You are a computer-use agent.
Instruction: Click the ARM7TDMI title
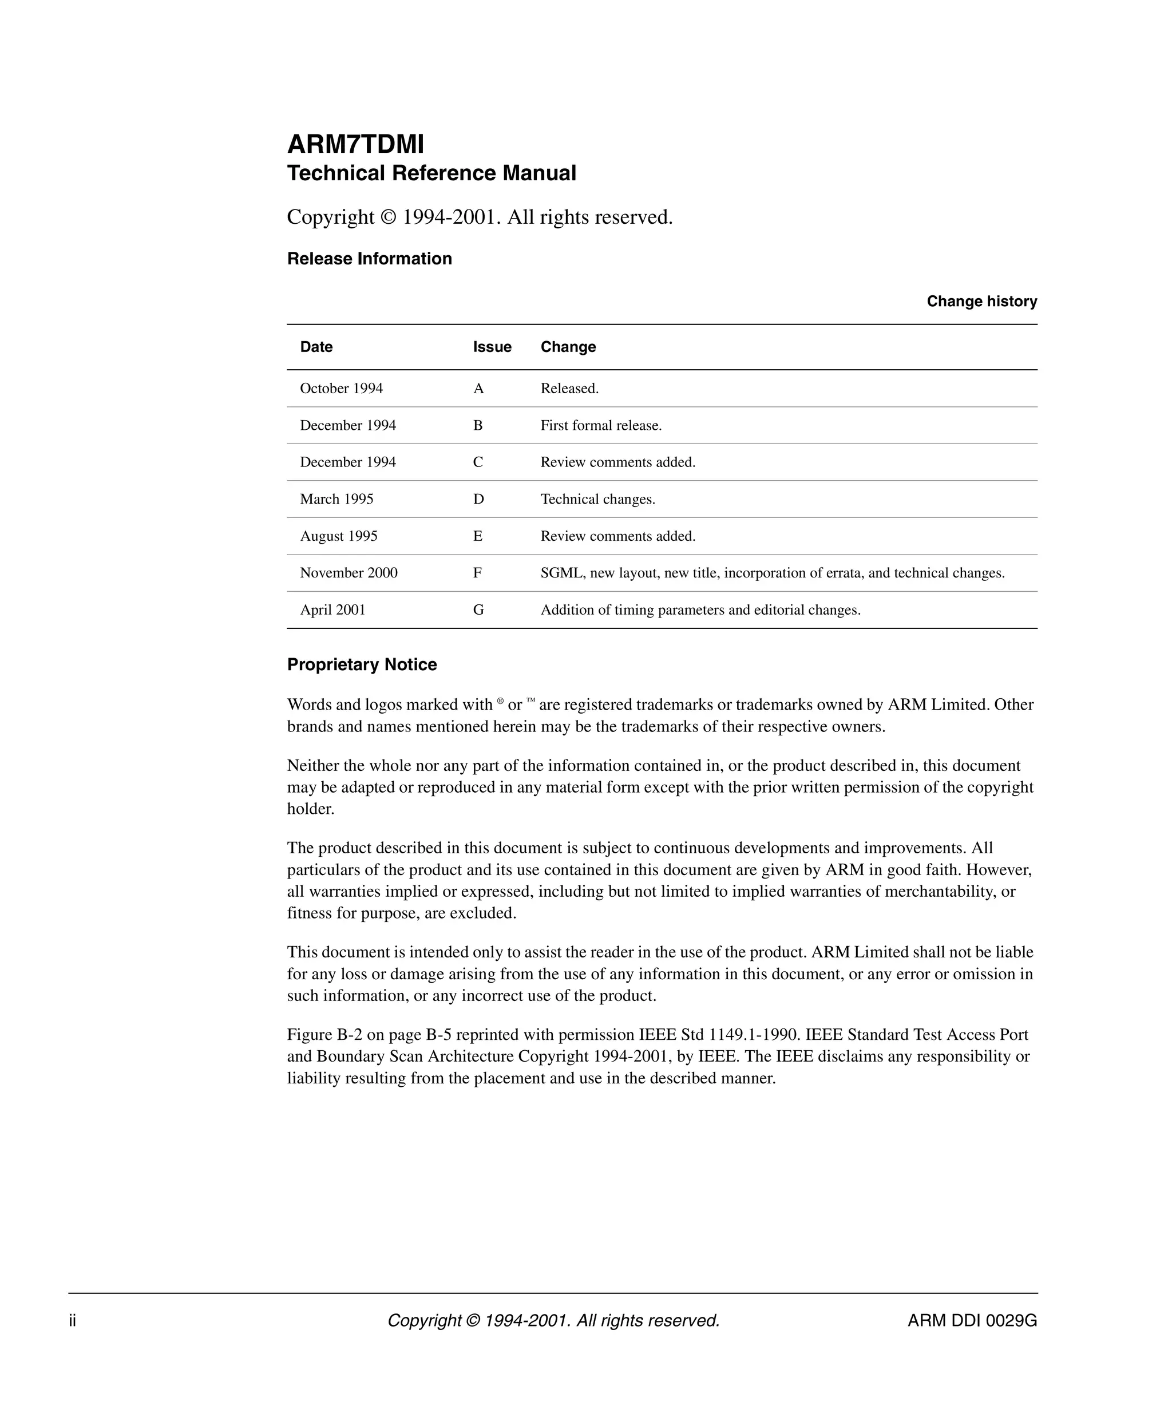pyautogui.click(x=355, y=144)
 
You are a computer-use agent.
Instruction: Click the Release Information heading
pyautogui.click(x=369, y=259)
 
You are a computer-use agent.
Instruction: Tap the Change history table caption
pyautogui.click(x=981, y=301)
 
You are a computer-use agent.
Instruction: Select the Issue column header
pyautogui.click(x=492, y=347)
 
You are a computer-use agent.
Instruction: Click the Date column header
pyautogui.click(x=316, y=347)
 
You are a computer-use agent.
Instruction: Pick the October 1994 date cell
pyautogui.click(x=341, y=389)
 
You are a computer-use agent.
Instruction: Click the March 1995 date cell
pyautogui.click(x=336, y=499)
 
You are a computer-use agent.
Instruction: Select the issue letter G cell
pyautogui.click(x=478, y=610)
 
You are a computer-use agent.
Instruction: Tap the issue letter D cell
pyautogui.click(x=478, y=499)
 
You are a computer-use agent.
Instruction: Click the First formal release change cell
pyautogui.click(x=600, y=425)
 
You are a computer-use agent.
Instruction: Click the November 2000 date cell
pyautogui.click(x=348, y=573)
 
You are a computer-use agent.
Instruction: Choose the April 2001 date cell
pyautogui.click(x=332, y=610)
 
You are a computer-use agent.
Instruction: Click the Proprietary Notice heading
pyautogui.click(x=362, y=664)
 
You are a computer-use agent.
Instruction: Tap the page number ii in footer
pyautogui.click(x=73, y=1320)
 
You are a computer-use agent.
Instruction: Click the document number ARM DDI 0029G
pyautogui.click(x=972, y=1320)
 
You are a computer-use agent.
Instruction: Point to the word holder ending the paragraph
pyautogui.click(x=310, y=809)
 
